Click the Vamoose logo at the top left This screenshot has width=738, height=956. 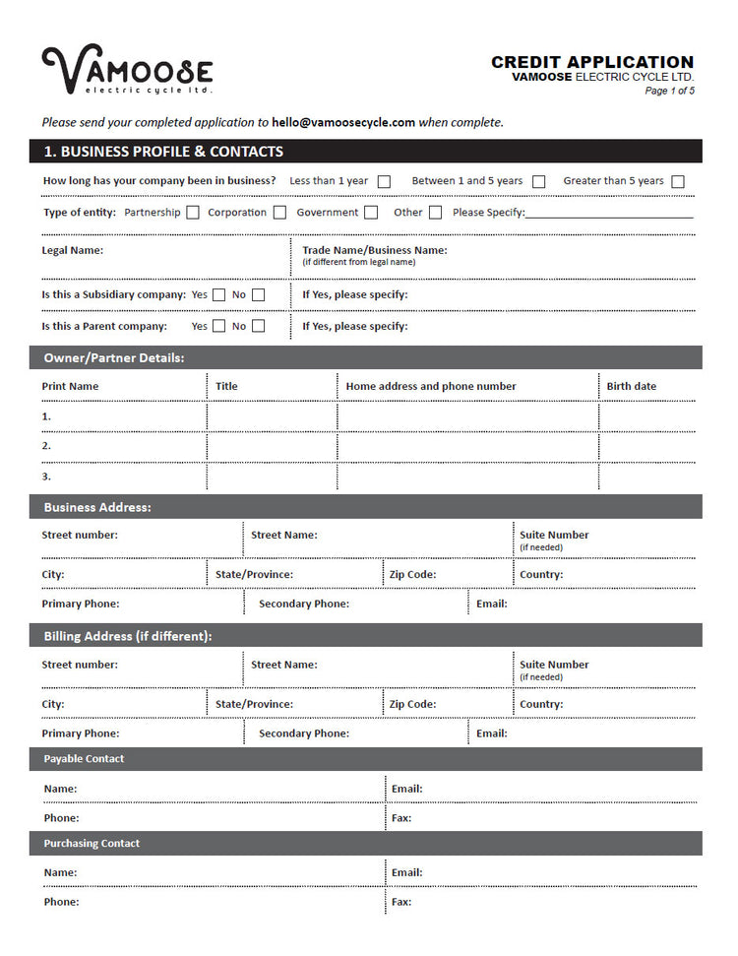[127, 71]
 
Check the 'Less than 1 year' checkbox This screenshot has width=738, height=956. [385, 181]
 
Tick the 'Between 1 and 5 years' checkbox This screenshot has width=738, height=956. [539, 181]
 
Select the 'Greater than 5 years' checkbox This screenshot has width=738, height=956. [678, 181]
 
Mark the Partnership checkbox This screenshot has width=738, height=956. [193, 213]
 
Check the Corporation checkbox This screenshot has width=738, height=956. [280, 213]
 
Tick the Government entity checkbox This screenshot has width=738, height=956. [371, 213]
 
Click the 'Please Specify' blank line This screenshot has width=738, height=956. [609, 214]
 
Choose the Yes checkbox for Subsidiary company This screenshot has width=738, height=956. [219, 294]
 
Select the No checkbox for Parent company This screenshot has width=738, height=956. [259, 326]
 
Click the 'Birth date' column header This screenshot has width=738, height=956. [631, 386]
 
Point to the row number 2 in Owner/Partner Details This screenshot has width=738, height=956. [46, 446]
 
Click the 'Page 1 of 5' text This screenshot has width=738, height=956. [669, 92]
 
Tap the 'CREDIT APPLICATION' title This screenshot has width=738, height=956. [592, 62]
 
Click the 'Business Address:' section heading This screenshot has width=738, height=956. [97, 507]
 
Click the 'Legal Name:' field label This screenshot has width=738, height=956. [72, 250]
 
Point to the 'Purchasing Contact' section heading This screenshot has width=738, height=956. [92, 844]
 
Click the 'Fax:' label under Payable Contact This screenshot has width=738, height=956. [401, 818]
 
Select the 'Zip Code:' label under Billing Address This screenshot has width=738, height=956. [412, 704]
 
